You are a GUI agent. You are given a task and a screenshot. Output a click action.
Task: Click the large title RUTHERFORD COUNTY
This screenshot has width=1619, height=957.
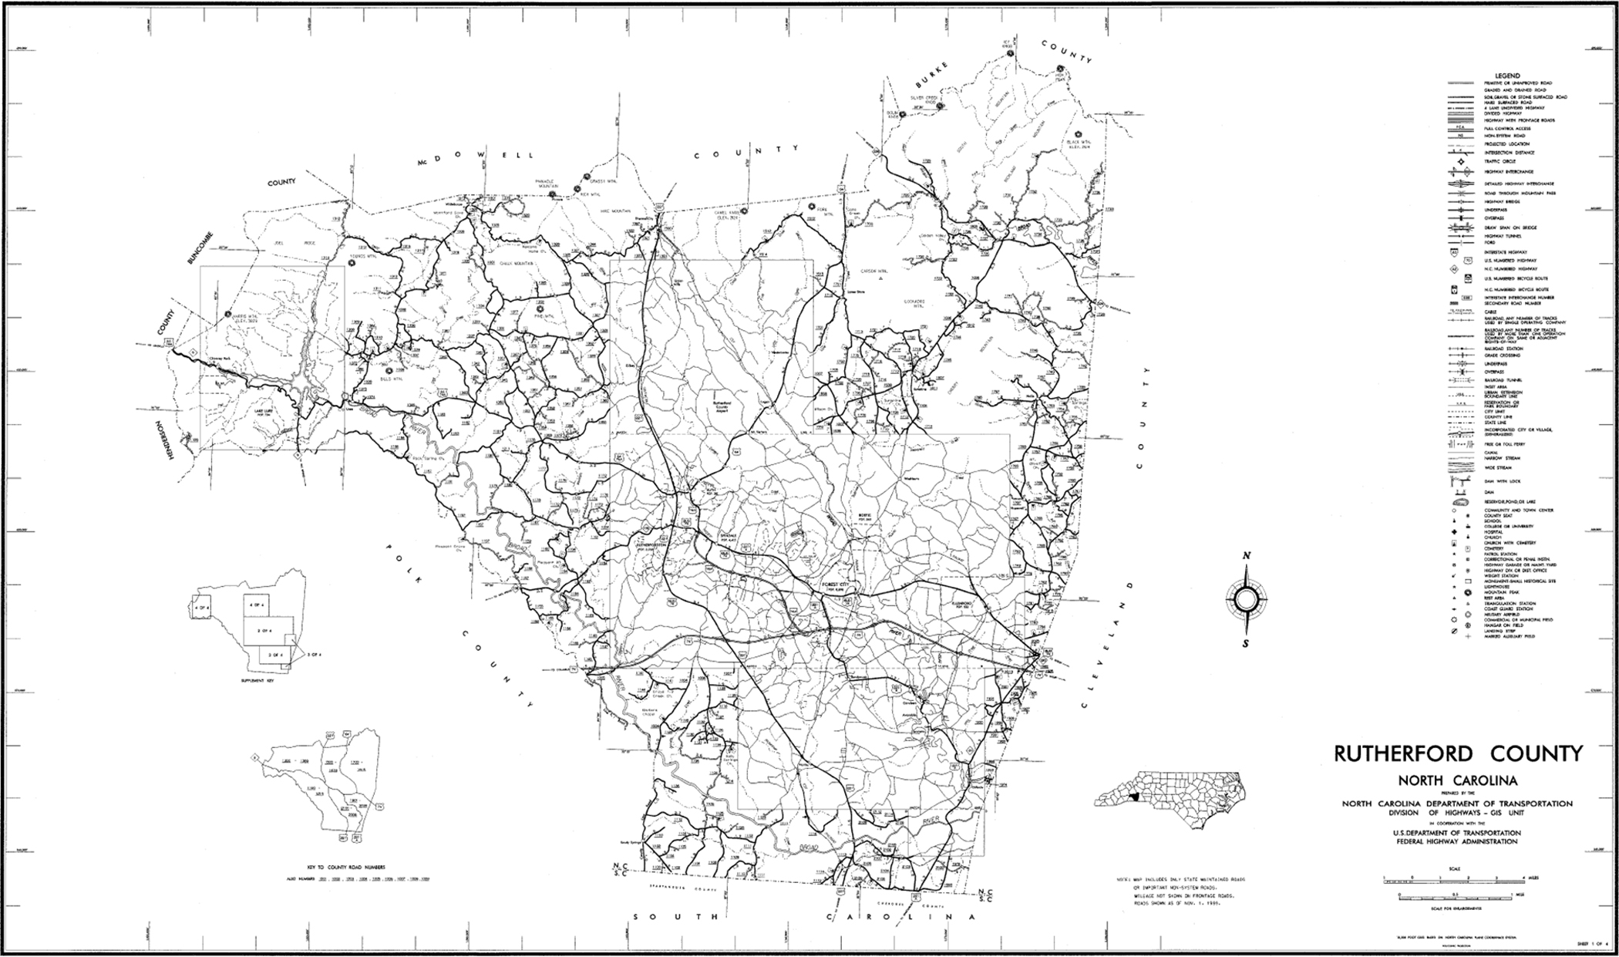click(x=1458, y=753)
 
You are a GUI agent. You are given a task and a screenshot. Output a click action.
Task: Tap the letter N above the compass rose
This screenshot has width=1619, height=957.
click(x=1247, y=557)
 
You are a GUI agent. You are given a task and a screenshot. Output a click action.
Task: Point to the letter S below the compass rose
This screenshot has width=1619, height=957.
click(x=1247, y=644)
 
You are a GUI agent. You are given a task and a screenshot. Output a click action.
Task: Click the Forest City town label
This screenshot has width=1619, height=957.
click(x=836, y=585)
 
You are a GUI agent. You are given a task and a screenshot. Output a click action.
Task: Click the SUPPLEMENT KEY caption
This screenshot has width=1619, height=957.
click(x=257, y=682)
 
